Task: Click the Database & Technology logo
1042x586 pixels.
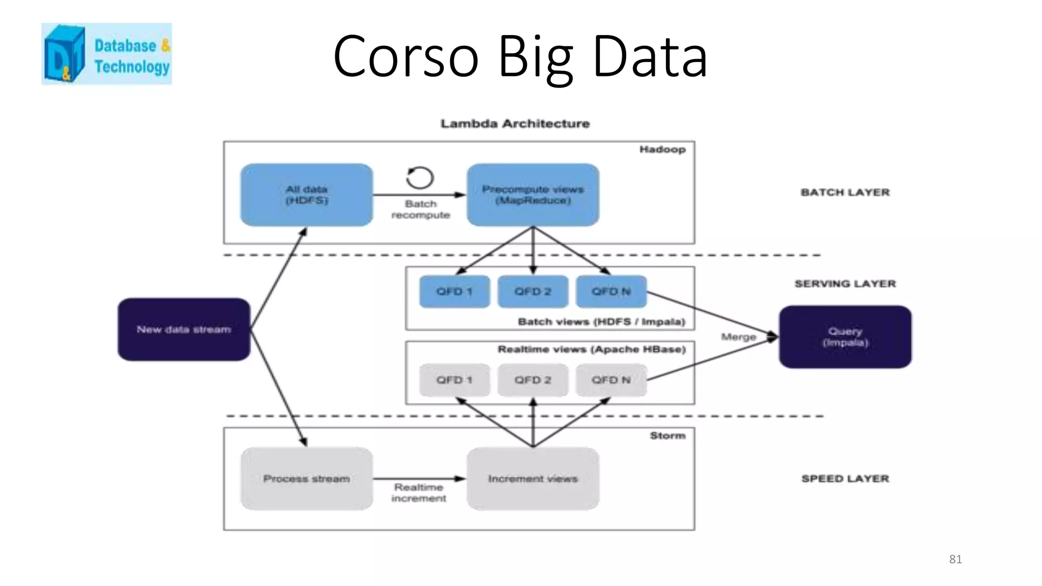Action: [x=106, y=53]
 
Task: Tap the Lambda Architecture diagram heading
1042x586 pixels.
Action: [x=515, y=124]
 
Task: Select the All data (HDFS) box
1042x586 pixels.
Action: [x=306, y=195]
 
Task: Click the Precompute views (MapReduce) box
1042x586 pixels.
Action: [x=533, y=195]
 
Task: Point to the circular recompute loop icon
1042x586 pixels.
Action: [x=420, y=178]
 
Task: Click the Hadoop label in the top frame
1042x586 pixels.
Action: [x=662, y=150]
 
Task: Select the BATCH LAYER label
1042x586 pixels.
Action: [x=845, y=192]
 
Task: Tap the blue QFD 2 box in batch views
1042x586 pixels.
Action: [x=533, y=291]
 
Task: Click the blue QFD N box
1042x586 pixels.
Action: [x=611, y=291]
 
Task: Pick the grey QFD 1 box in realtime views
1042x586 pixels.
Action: [x=454, y=380]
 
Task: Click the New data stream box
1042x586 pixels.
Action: [x=184, y=330]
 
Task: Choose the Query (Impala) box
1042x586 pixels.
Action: [x=845, y=337]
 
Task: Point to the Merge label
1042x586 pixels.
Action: [x=738, y=337]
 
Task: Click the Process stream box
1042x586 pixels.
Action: [x=306, y=479]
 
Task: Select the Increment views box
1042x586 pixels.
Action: [x=533, y=479]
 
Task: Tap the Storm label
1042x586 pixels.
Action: [x=668, y=436]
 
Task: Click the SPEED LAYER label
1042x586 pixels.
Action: [x=845, y=479]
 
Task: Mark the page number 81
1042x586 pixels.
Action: [x=955, y=560]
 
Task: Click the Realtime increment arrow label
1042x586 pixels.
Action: [x=419, y=493]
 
